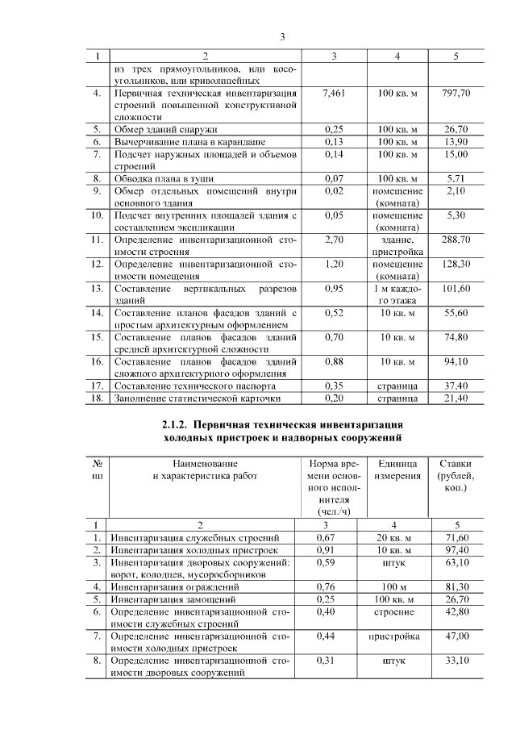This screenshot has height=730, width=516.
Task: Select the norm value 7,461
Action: [333, 94]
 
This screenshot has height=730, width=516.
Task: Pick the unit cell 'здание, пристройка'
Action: [397, 246]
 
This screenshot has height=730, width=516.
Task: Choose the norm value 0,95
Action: [333, 288]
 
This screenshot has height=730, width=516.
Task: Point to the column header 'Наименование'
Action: [205, 464]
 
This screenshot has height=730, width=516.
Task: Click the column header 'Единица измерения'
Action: [397, 469]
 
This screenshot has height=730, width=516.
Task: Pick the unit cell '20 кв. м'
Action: [397, 537]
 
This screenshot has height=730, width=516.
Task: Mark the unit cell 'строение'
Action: [397, 612]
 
